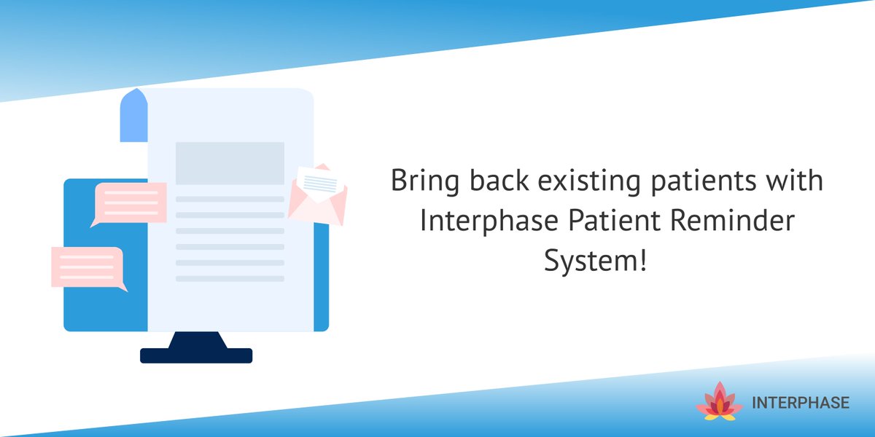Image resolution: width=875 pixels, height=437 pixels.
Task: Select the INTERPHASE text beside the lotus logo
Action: pyautogui.click(x=799, y=403)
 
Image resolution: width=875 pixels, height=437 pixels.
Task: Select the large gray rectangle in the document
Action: pyautogui.click(x=230, y=163)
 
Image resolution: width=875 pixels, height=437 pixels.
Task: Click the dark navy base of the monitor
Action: pyautogui.click(x=196, y=355)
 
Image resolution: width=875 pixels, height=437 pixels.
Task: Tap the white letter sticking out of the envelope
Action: pyautogui.click(x=316, y=178)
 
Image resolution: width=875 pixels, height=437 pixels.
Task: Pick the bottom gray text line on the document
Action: pyautogui.click(x=230, y=279)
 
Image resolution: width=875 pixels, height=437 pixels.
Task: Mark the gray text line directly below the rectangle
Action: pyautogui.click(x=230, y=199)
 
